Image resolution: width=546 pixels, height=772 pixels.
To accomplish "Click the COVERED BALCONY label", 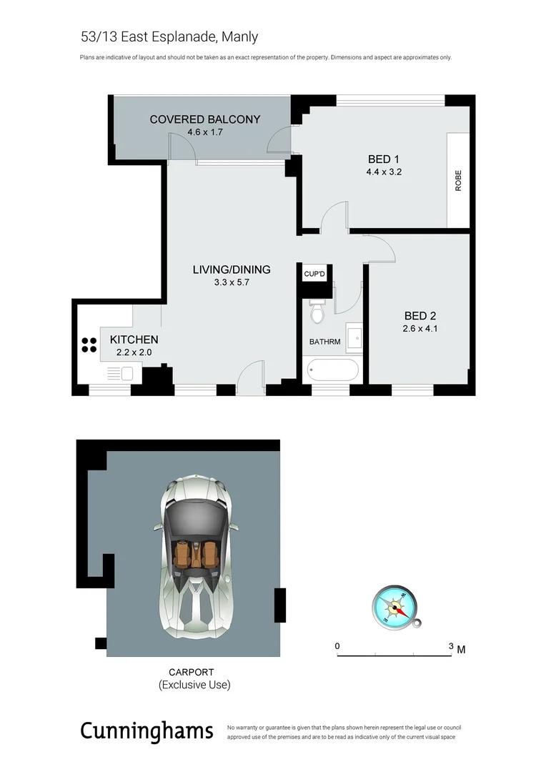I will point(204,119).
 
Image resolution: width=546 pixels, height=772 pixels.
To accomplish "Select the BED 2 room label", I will point(420,316).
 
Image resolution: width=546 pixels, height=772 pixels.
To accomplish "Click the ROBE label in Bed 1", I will point(458,180).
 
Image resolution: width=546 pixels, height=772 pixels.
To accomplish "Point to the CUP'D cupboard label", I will point(315,274).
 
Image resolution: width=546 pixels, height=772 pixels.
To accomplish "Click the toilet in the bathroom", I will point(317,311).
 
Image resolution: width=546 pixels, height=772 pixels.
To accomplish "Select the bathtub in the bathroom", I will point(332,370).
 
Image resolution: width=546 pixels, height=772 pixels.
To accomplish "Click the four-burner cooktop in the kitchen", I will point(89,345).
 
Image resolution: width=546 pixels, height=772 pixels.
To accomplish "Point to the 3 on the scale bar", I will point(451,646).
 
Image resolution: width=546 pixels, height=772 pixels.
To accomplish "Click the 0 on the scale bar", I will point(337,646).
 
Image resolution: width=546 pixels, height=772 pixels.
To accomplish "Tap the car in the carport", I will point(194,556).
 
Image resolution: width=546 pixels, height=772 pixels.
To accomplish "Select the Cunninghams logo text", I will point(147,731).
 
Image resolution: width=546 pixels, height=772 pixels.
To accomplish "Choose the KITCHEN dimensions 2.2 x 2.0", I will point(134,352).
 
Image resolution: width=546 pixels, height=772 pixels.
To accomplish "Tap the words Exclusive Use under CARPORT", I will point(194,685).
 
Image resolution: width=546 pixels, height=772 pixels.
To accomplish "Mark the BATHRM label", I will point(324,342).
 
